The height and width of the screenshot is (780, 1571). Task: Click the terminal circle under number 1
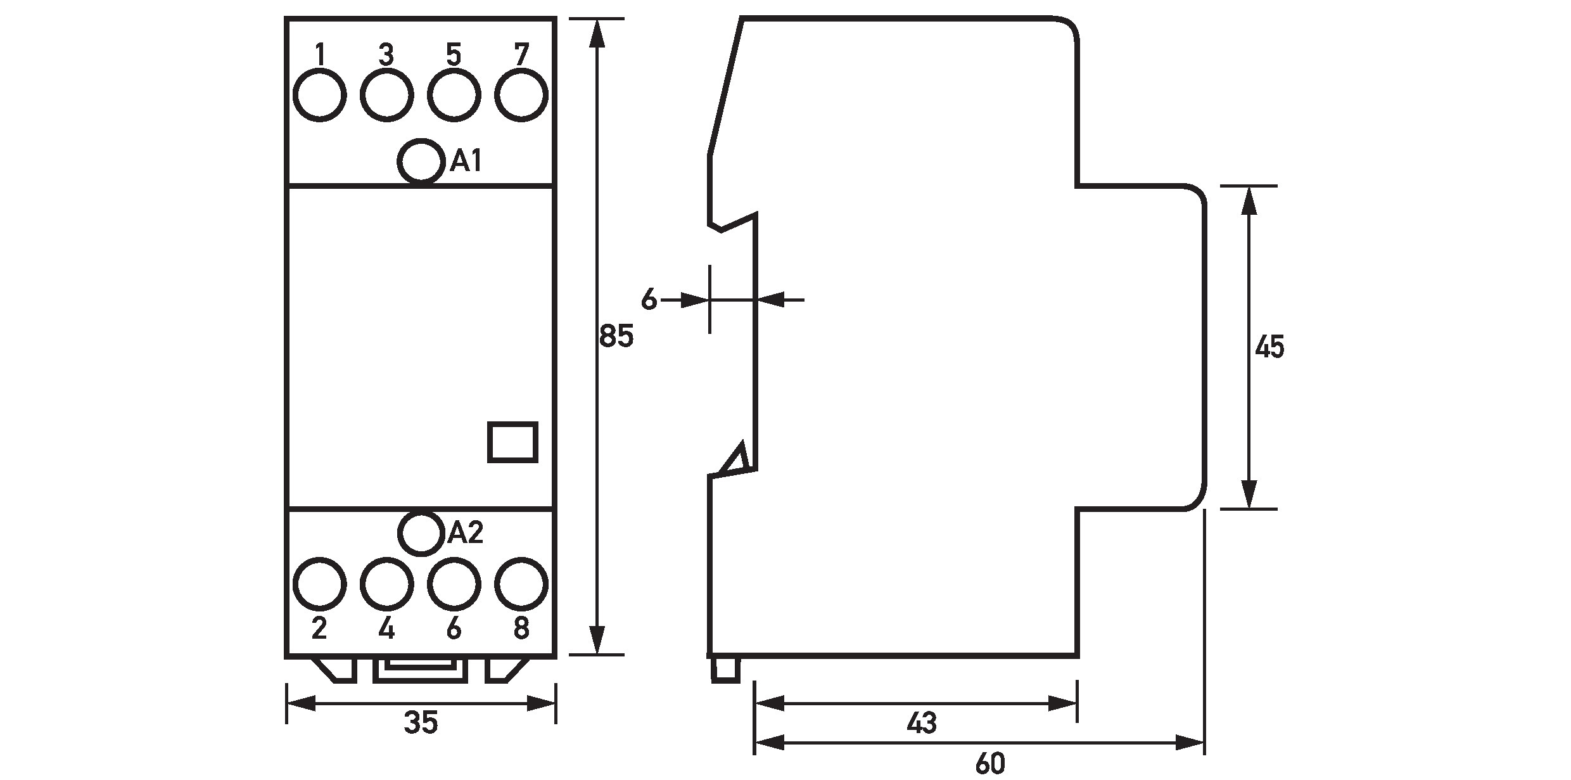pyautogui.click(x=320, y=95)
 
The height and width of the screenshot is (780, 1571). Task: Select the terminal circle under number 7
pyautogui.click(x=521, y=95)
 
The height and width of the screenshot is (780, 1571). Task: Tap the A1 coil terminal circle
pyautogui.click(x=420, y=162)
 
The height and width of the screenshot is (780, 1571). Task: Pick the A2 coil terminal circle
pyautogui.click(x=420, y=534)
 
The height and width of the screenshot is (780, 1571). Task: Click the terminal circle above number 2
pyautogui.click(x=320, y=584)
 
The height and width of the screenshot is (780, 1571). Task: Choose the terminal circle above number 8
pyautogui.click(x=521, y=584)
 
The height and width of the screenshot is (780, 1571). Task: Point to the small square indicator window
pyautogui.click(x=513, y=442)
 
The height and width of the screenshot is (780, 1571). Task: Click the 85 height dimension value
pyautogui.click(x=616, y=336)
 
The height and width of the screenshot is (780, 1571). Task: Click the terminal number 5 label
pyautogui.click(x=454, y=54)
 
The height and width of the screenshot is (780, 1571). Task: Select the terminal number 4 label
pyautogui.click(x=386, y=629)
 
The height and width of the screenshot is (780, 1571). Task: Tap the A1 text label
pyautogui.click(x=466, y=162)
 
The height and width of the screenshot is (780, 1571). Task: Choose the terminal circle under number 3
pyautogui.click(x=386, y=95)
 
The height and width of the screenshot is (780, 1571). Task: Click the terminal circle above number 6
pyautogui.click(x=454, y=584)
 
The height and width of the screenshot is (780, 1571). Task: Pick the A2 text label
pyautogui.click(x=466, y=534)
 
